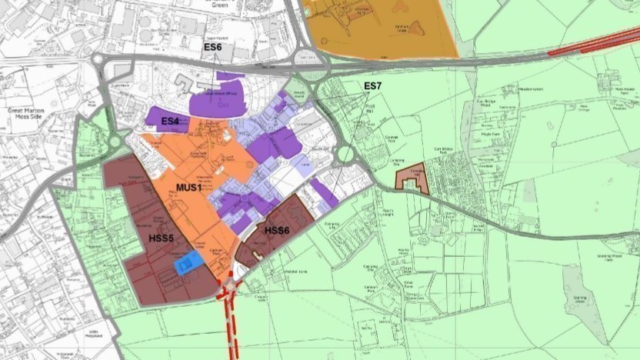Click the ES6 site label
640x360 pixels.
212,48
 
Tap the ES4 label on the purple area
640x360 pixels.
170,122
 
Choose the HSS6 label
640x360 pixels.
276,230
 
